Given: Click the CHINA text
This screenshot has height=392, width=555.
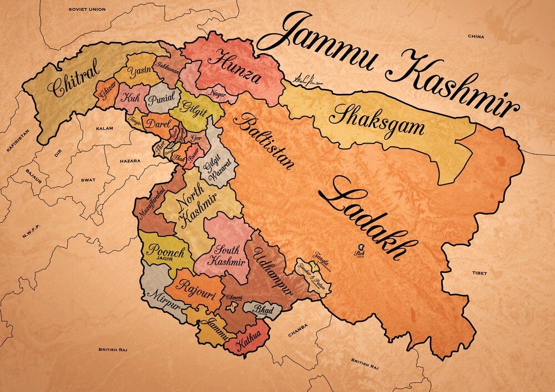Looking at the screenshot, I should coord(476,36).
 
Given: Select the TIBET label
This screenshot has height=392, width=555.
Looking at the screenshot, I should coord(480,273).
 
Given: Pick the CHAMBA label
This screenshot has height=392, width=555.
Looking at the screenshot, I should coord(297,334).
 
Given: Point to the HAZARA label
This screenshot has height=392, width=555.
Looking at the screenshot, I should coord(129,161).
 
